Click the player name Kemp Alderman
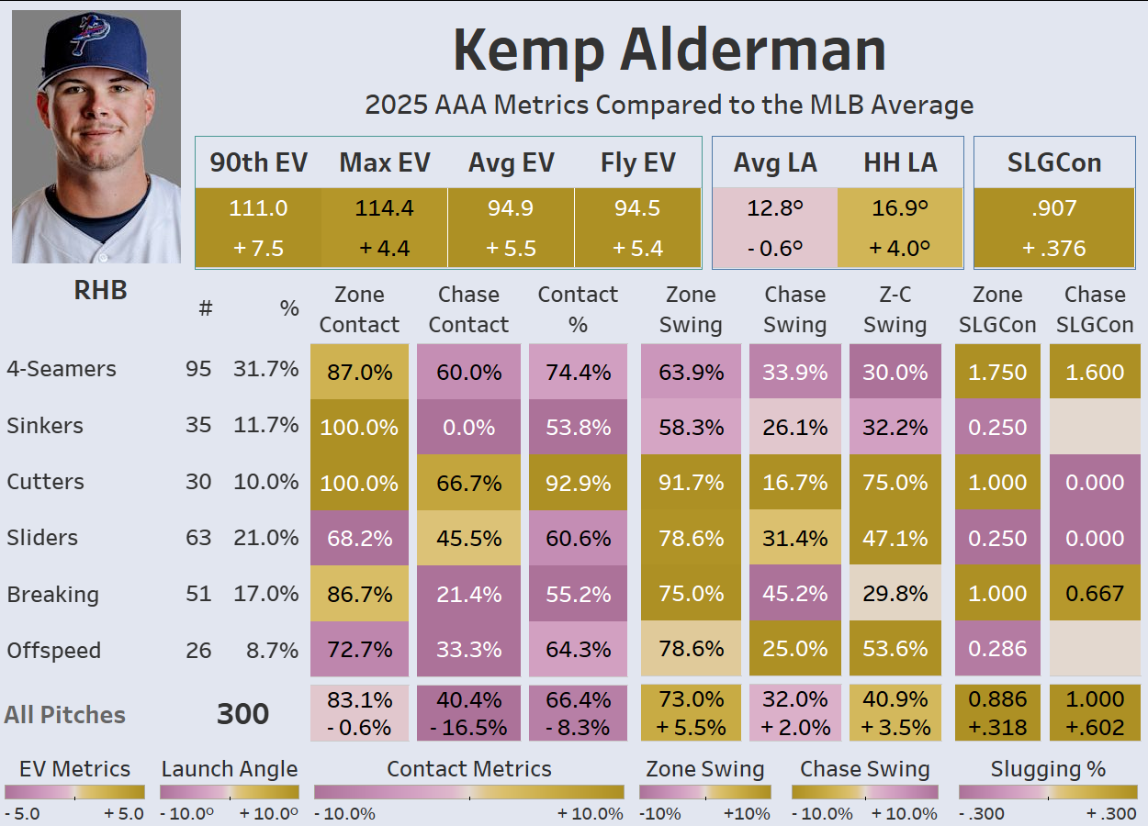[x=669, y=50]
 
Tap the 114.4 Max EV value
[x=384, y=208]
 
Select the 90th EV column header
[x=258, y=163]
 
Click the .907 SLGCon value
[x=1053, y=208]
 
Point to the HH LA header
[x=900, y=163]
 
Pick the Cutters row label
[x=45, y=482]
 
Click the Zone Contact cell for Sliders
[x=359, y=538]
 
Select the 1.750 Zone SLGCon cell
[x=997, y=372]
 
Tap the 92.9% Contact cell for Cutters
[x=578, y=482]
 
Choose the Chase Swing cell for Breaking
[x=795, y=594]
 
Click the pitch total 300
[x=242, y=714]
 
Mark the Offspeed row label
[x=53, y=651]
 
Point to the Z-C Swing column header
[x=895, y=309]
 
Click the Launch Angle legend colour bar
[x=230, y=792]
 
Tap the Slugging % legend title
[x=1048, y=769]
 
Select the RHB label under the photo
[x=100, y=290]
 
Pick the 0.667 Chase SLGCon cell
[x=1095, y=594]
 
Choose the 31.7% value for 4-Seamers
[x=265, y=369]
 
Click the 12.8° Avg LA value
[x=774, y=208]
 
